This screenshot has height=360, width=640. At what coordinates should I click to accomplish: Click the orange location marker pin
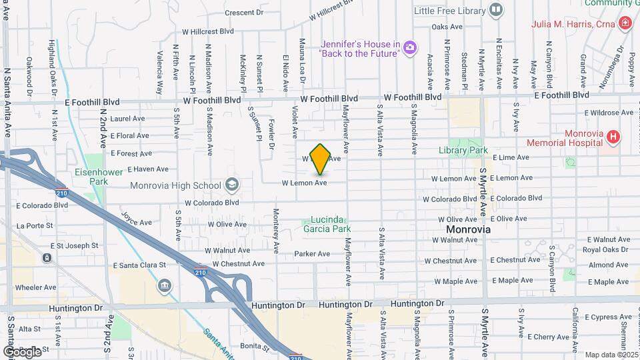pyautogui.click(x=321, y=159)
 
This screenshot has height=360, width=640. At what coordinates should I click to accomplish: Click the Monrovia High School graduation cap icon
pyautogui.click(x=231, y=185)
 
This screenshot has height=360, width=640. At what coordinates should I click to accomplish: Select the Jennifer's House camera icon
pyautogui.click(x=410, y=47)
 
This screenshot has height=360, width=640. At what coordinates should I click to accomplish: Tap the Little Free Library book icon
pyautogui.click(x=495, y=9)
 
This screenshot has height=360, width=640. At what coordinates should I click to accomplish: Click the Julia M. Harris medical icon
pyautogui.click(x=625, y=25)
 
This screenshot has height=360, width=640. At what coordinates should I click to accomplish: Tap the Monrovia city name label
pyautogui.click(x=468, y=229)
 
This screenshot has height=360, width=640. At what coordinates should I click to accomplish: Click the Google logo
pyautogui.click(x=21, y=351)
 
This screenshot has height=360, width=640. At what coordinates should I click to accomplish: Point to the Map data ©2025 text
pyautogui.click(x=611, y=355)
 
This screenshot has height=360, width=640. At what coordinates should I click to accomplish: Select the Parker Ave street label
pyautogui.click(x=313, y=254)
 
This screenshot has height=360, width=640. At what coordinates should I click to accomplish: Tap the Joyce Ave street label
pyautogui.click(x=134, y=219)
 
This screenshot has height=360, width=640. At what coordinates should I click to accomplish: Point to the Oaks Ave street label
pyautogui.click(x=447, y=27)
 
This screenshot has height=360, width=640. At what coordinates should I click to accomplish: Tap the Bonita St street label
pyautogui.click(x=255, y=347)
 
